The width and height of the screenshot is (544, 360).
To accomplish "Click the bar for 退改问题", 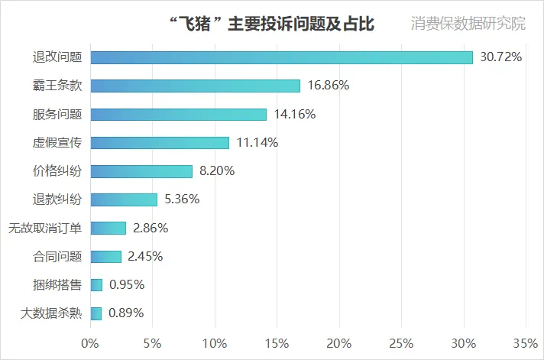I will (x=281, y=57).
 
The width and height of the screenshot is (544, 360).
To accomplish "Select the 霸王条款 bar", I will (x=195, y=86).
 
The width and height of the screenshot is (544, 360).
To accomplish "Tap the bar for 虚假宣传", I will (x=160, y=143).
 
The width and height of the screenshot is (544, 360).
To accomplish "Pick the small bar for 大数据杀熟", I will (x=96, y=313).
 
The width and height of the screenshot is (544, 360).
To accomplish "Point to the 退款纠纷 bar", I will (x=124, y=199).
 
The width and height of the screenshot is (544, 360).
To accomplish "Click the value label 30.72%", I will (x=500, y=57).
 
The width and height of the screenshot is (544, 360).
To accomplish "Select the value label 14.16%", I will (x=294, y=115).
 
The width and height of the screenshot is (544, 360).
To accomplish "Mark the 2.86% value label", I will (x=150, y=228).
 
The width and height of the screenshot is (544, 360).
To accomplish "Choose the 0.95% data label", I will (x=127, y=284).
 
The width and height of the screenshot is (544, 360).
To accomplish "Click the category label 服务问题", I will (x=57, y=115).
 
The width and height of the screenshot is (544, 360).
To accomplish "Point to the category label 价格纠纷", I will (x=57, y=171).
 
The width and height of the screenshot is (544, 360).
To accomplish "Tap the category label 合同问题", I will (x=57, y=256).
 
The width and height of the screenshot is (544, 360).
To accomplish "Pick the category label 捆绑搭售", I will (x=57, y=284).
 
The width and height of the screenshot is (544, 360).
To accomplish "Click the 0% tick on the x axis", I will (x=90, y=342).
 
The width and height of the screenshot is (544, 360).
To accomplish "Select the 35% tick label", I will (x=526, y=342).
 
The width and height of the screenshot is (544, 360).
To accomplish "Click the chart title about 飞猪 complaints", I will (x=271, y=24).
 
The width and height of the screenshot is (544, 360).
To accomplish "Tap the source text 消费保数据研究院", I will (x=468, y=24).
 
